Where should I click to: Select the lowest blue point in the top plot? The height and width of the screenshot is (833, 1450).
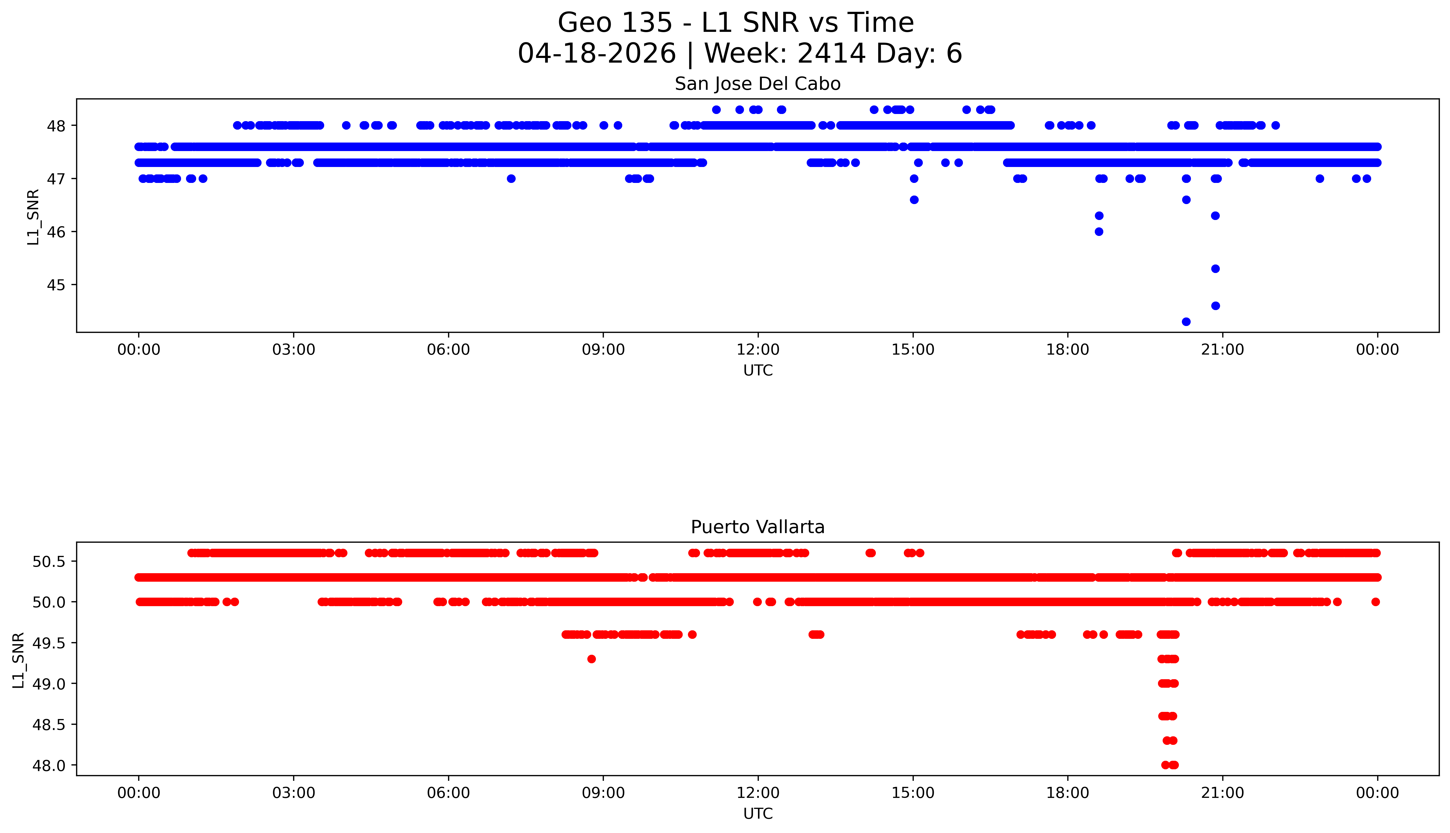click(1186, 322)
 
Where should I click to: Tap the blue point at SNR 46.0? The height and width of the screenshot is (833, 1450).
click(1099, 232)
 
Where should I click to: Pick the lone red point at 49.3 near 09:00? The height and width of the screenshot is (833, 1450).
click(592, 659)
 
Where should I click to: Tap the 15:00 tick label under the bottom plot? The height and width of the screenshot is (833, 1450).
click(913, 793)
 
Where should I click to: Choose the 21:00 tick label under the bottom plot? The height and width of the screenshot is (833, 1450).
click(1222, 793)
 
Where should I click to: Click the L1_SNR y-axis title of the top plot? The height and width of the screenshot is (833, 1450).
click(33, 218)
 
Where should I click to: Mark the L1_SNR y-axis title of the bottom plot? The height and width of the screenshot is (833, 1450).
click(19, 660)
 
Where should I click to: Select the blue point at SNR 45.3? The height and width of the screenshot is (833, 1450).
click(1215, 269)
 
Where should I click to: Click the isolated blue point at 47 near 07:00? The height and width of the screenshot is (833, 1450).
click(511, 179)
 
